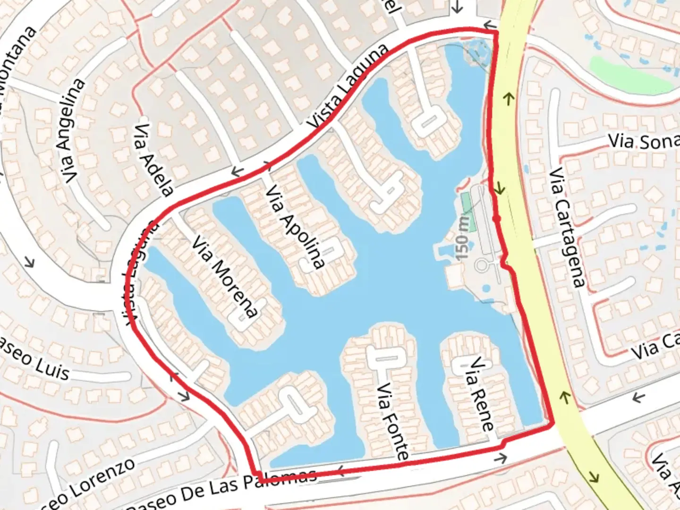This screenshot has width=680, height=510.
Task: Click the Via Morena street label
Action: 226,277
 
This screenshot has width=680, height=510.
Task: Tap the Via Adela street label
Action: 153,160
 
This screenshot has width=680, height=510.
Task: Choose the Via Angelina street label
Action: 74,131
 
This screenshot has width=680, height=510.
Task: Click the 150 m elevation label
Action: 464,236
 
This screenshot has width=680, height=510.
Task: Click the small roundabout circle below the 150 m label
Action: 481,265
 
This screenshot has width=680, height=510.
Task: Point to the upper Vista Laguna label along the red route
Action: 348,85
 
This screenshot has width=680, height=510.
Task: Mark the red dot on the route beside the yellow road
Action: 496,218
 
